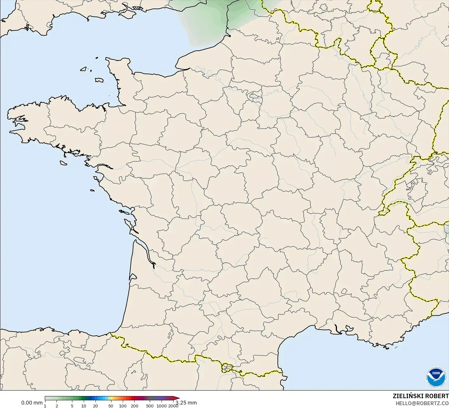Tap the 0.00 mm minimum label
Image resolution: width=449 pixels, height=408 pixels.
pos(32,403)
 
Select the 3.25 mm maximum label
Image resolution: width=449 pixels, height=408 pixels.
pos(186,403)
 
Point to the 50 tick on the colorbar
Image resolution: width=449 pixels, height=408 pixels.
pos(111,406)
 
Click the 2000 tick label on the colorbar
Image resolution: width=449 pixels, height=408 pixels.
pos(173,406)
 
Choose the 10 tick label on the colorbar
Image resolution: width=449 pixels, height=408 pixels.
pos(84,406)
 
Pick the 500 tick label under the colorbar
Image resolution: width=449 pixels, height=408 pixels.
pos(149,406)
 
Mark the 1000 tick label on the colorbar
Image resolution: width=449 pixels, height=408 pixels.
pos(161,406)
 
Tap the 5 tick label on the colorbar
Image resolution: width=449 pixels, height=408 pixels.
pos(72,406)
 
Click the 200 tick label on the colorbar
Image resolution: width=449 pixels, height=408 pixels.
pos(134,406)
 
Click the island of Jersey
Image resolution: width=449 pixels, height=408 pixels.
pos(99,80)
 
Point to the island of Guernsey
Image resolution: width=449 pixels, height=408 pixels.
pos(84,68)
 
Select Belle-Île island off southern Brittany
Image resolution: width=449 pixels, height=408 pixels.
pos(64,162)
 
